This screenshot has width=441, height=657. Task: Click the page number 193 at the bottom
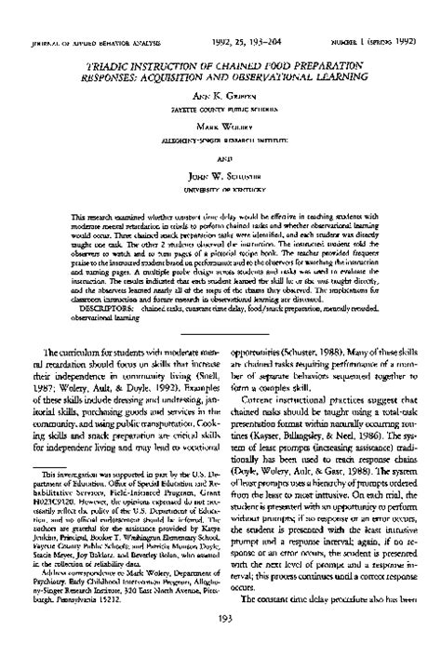point(220,642)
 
